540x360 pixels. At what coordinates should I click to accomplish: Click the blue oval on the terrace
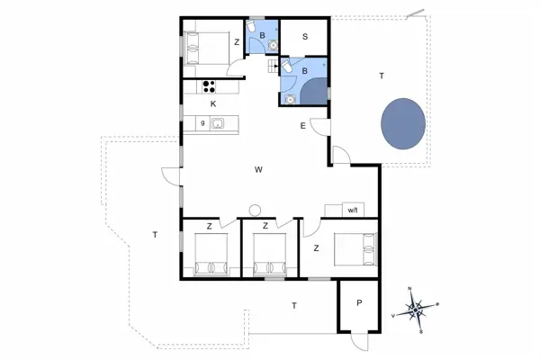point(403,124)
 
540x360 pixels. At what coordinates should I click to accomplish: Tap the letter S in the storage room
point(305,37)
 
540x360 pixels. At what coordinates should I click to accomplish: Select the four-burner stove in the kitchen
point(210,86)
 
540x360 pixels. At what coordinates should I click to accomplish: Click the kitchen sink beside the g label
point(217,123)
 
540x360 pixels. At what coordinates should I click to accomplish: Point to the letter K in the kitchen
point(213,104)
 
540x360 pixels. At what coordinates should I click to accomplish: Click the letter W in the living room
point(258,169)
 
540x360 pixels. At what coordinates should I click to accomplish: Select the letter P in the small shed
point(360,303)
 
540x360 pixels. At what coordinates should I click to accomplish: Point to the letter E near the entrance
point(302,125)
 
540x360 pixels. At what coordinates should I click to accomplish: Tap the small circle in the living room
point(254,209)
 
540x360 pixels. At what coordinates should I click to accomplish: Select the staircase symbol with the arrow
point(274,67)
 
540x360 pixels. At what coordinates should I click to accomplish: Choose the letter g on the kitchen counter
point(203,122)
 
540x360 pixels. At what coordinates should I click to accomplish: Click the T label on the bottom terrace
point(293,307)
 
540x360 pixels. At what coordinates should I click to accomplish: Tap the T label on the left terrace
point(155,235)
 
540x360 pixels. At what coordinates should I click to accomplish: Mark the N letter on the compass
point(410,288)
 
